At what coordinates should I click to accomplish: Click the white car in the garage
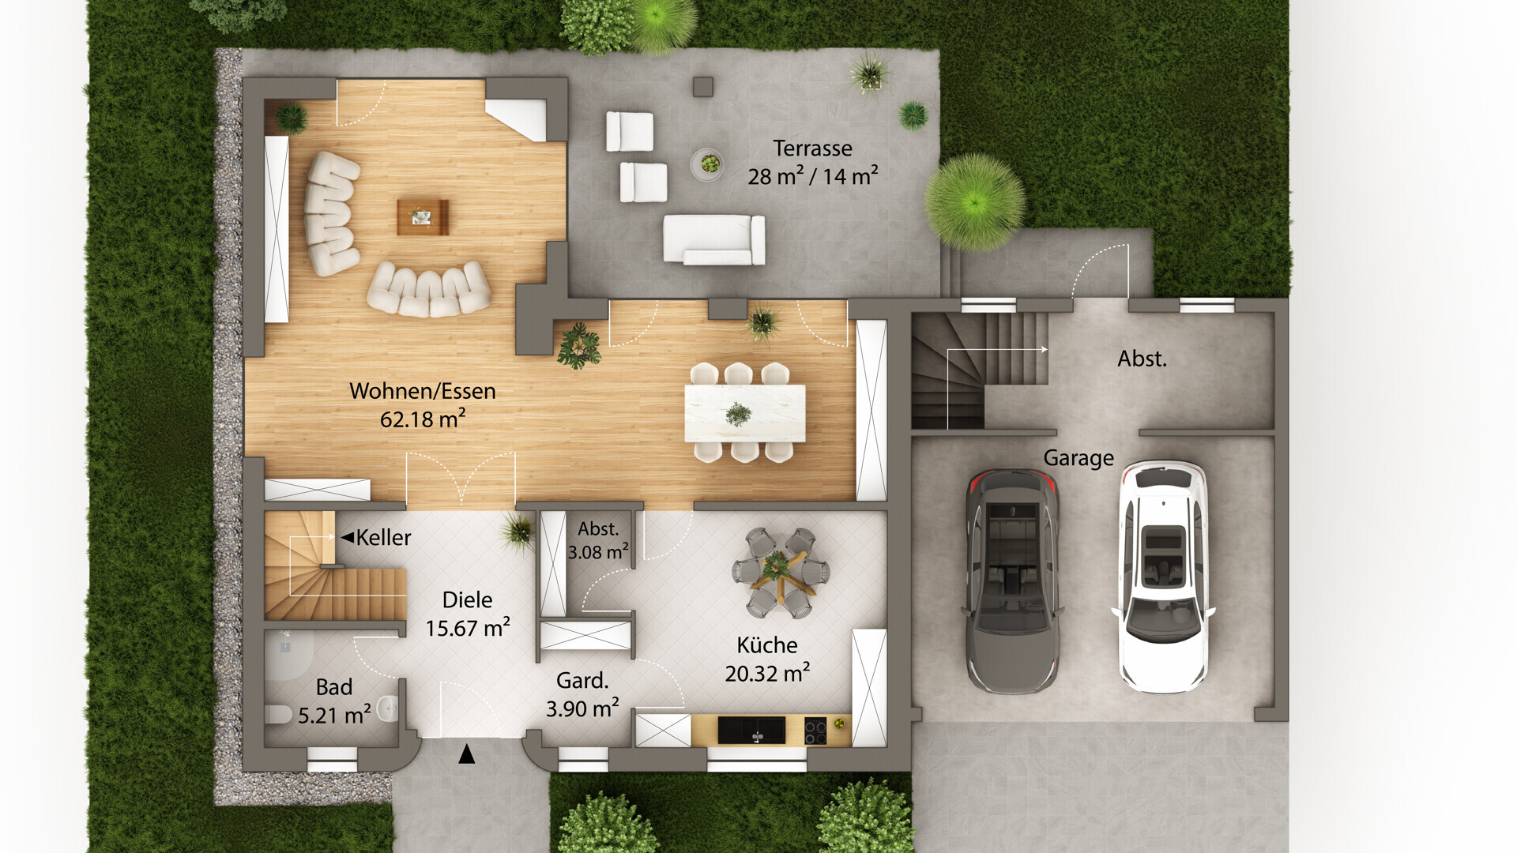pyautogui.click(x=1162, y=577)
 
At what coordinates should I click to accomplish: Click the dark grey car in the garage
pyautogui.click(x=1012, y=581)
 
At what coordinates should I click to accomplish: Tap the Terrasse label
pyautogui.click(x=812, y=148)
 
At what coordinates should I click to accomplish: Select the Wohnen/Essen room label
pyautogui.click(x=423, y=391)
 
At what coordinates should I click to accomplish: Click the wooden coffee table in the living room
pyautogui.click(x=423, y=217)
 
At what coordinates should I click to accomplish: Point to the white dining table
pyautogui.click(x=745, y=412)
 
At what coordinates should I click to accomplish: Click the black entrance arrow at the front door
pyautogui.click(x=467, y=754)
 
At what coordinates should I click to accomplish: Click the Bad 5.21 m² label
pyautogui.click(x=334, y=701)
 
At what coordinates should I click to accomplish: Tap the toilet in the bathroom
pyautogui.click(x=278, y=714)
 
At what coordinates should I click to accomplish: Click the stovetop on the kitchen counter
pyautogui.click(x=815, y=731)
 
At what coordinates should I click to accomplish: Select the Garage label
pyautogui.click(x=1078, y=458)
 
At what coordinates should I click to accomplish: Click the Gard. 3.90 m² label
pyautogui.click(x=582, y=694)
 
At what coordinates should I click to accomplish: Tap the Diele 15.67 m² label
pyautogui.click(x=468, y=614)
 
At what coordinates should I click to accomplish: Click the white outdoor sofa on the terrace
pyautogui.click(x=713, y=239)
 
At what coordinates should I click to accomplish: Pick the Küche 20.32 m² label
pyautogui.click(x=767, y=659)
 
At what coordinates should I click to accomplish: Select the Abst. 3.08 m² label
pyautogui.click(x=598, y=541)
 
